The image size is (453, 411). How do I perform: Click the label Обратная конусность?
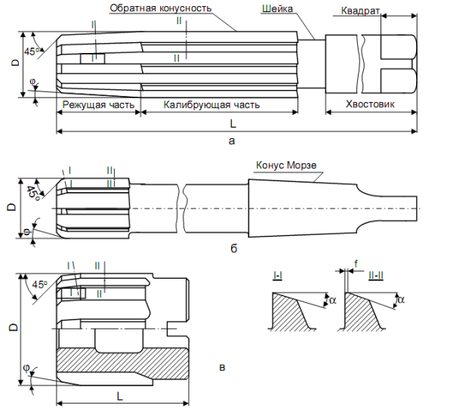[160, 8]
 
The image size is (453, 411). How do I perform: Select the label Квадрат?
[360, 13]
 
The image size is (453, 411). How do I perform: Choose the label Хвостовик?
[370, 104]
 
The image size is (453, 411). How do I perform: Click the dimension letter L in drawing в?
[120, 395]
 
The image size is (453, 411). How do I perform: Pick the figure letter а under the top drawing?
[233, 140]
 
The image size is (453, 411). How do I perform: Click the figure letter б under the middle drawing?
[233, 246]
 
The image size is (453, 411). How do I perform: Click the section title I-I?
[277, 277]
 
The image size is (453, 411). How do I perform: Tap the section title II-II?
[373, 277]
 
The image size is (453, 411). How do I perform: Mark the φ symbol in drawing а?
[33, 82]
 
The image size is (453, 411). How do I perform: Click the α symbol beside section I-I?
[333, 300]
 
